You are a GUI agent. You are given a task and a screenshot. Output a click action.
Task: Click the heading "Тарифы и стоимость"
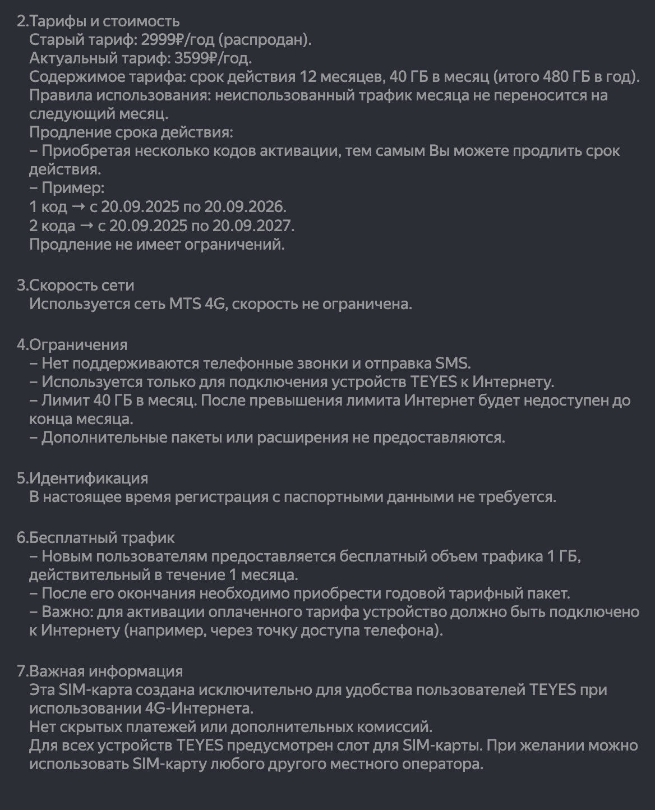tap(104, 21)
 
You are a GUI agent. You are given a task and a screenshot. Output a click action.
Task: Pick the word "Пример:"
tap(73, 188)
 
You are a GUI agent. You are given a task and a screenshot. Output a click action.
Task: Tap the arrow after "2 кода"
tap(86, 225)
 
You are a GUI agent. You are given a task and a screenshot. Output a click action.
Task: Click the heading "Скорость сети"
tap(82, 285)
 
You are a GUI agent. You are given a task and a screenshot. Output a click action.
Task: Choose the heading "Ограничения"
tap(78, 344)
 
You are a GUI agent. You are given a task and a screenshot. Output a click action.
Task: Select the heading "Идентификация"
tap(89, 478)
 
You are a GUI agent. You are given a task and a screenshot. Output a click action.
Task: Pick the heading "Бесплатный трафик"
tap(102, 537)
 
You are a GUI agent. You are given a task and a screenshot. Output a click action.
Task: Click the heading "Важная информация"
tap(106, 671)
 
